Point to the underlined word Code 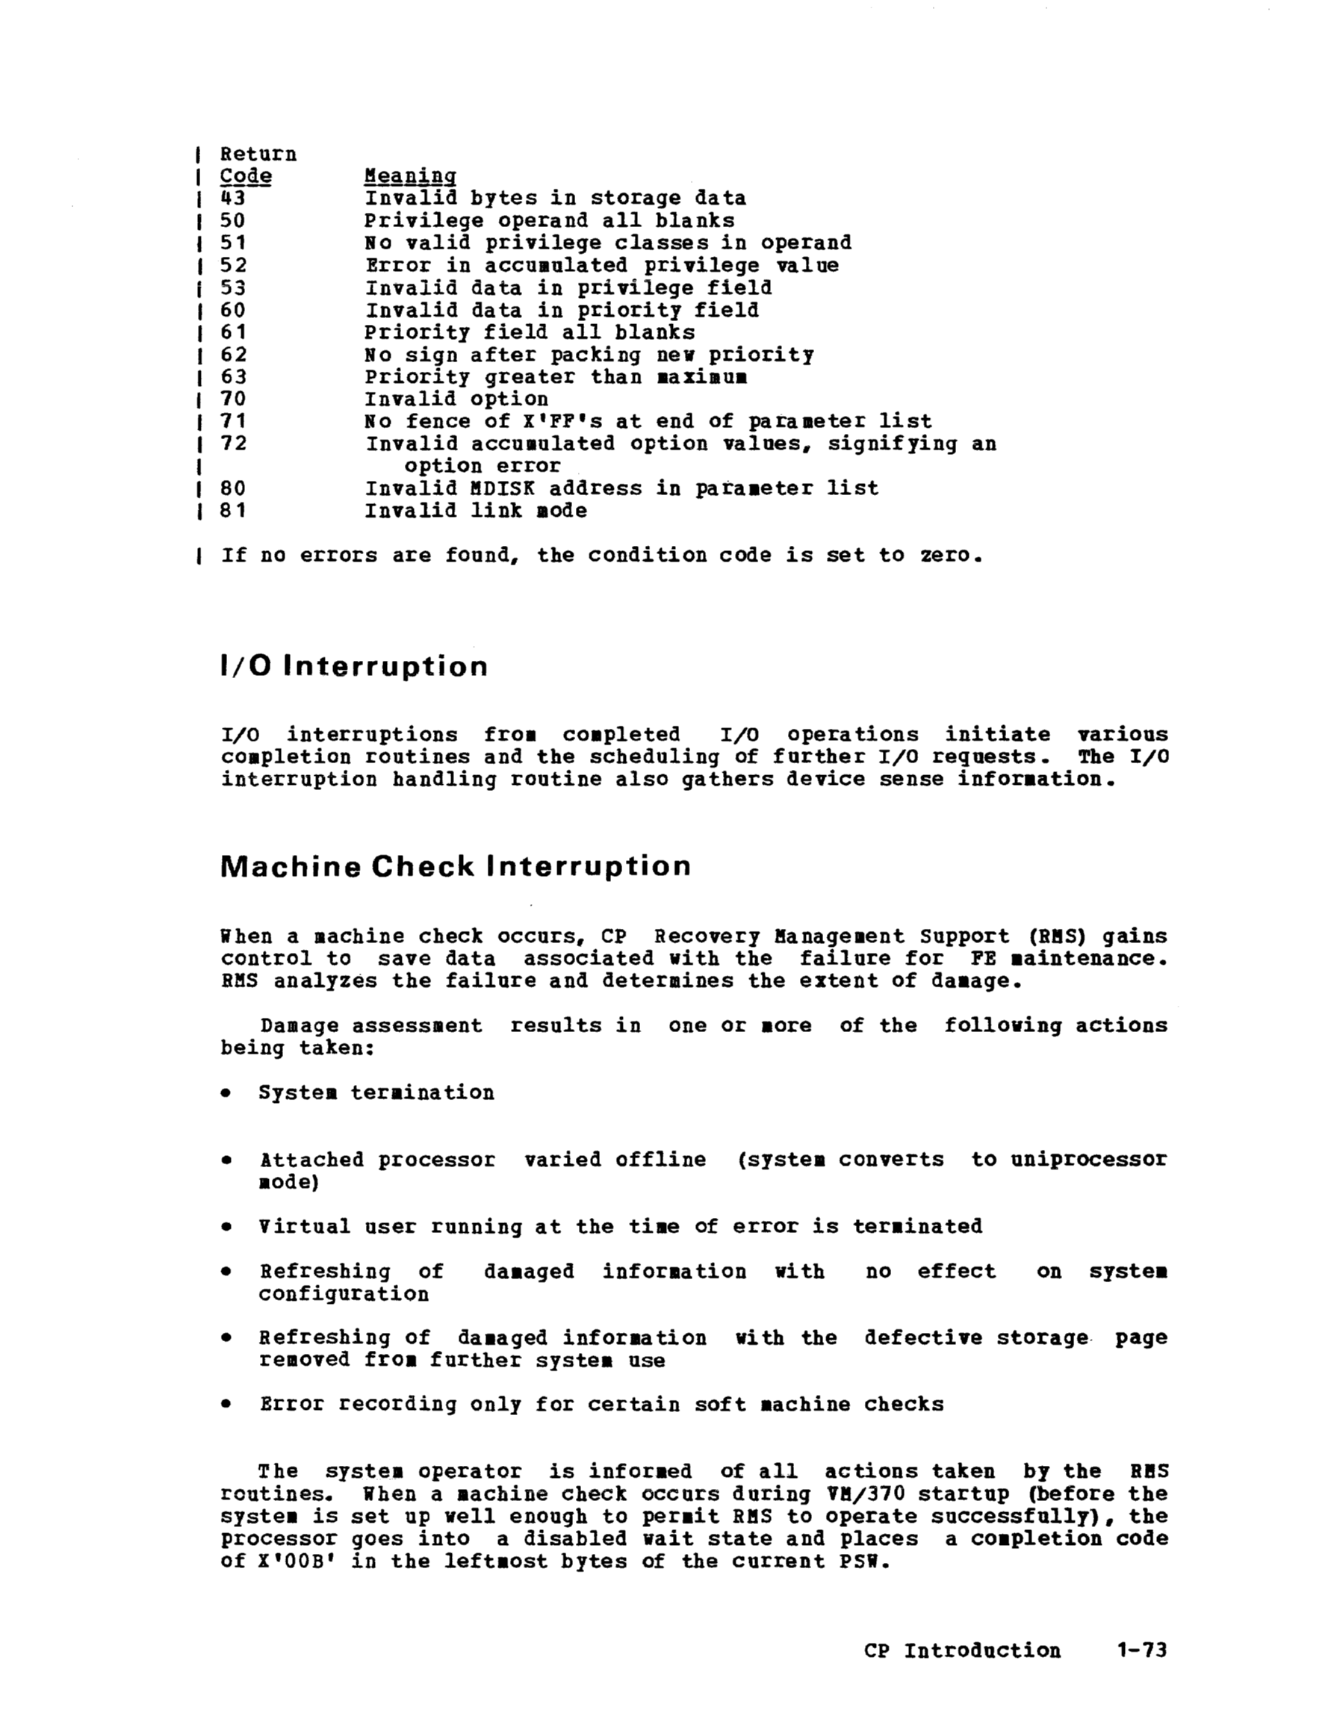(245, 175)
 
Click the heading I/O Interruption (354, 667)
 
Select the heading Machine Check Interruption (456, 866)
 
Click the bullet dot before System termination (226, 1093)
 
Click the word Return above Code (258, 154)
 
